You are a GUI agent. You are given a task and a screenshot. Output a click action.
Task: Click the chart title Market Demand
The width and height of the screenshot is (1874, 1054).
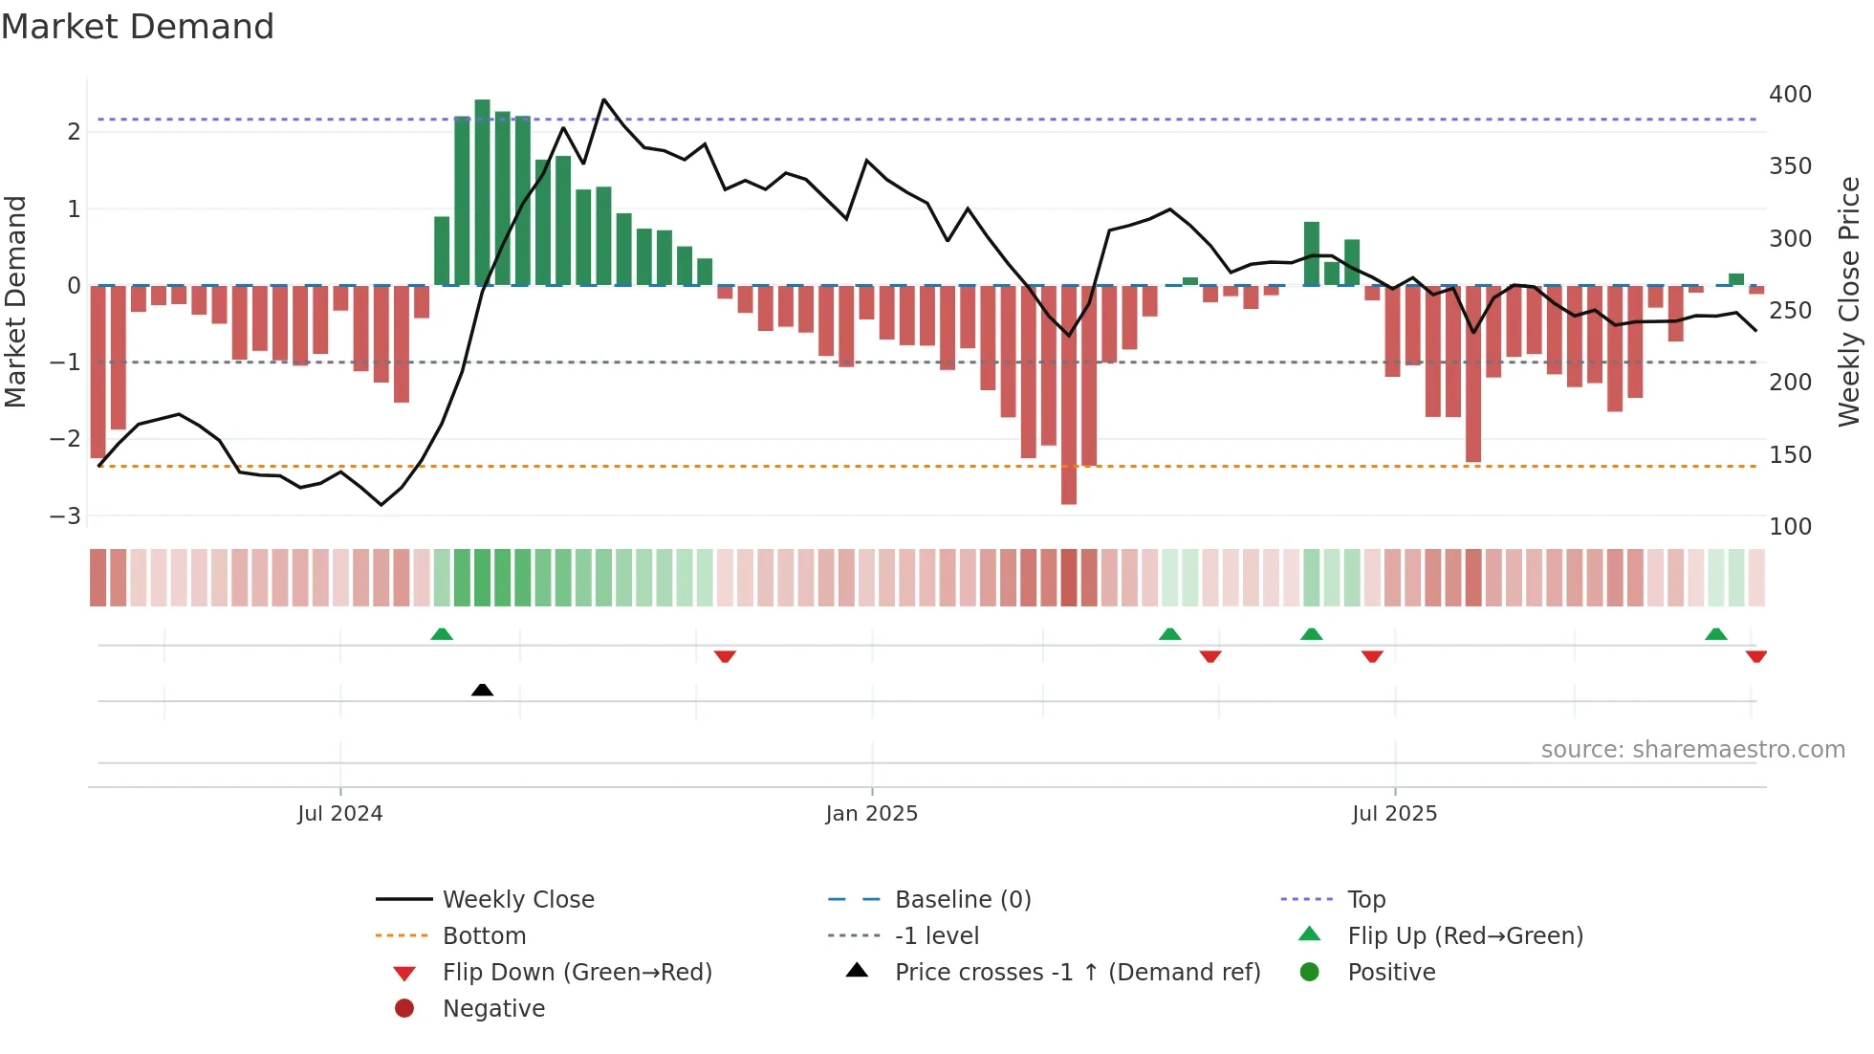[138, 27]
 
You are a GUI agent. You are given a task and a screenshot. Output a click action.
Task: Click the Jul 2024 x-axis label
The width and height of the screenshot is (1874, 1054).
[339, 814]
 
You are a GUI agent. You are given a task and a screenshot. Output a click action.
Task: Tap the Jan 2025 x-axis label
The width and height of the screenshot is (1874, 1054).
[871, 814]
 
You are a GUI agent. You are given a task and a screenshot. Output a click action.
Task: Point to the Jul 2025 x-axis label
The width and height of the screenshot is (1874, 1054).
[1394, 814]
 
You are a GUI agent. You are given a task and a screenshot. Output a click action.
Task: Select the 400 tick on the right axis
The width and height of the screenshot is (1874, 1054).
[1790, 95]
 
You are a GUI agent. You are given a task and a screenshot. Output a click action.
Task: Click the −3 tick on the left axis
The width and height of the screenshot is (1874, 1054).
[66, 516]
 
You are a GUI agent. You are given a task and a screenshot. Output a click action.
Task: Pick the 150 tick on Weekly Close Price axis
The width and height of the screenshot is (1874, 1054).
[1790, 455]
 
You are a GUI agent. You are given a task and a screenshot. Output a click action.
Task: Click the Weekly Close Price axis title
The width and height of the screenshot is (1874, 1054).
[1849, 301]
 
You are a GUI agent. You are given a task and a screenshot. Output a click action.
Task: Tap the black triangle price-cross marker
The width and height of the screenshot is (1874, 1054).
[482, 690]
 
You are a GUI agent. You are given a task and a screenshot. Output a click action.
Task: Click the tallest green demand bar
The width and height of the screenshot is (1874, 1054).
[482, 191]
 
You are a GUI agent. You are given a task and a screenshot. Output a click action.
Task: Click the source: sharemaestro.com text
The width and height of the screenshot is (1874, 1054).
[1692, 750]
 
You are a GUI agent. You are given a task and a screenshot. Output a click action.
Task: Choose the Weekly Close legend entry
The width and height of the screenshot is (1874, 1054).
[517, 900]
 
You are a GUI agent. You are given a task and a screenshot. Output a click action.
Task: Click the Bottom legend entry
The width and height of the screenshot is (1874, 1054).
[484, 936]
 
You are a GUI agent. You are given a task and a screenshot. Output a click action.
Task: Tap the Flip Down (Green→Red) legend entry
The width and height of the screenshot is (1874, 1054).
[577, 973]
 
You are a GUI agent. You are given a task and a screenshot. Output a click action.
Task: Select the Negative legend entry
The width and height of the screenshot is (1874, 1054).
[493, 1009]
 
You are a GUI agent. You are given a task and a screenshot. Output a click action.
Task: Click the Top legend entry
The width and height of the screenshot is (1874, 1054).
[1366, 900]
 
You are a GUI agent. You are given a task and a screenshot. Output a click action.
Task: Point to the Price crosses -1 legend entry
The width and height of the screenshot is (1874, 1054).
[1077, 973]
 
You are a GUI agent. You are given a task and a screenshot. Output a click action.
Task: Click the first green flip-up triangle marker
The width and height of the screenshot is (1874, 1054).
[442, 634]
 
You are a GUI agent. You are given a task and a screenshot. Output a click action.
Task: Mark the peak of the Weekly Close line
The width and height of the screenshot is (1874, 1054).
[603, 99]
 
